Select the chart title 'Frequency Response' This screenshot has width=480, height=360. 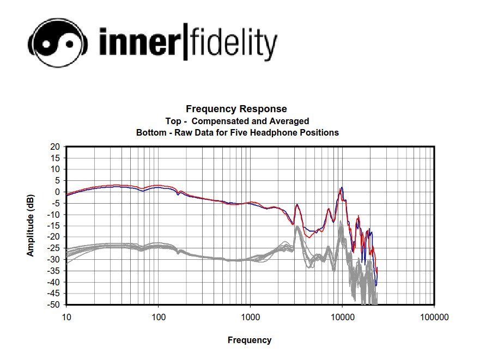pos(236,109)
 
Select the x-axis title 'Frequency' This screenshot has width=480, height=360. pos(249,340)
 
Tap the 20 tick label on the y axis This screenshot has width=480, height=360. pos(55,147)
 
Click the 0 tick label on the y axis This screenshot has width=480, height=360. pos(57,192)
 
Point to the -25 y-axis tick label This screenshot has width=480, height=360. pos(53,248)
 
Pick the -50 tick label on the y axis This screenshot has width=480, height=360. pos(53,304)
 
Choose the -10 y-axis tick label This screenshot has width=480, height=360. pos(53,214)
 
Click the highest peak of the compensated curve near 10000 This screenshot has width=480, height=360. pos(342,188)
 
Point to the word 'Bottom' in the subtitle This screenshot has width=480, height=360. pos(149,132)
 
